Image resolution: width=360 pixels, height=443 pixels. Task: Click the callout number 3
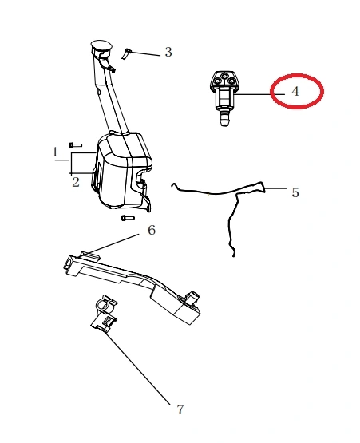(x=168, y=52)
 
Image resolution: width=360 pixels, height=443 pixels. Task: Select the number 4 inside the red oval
(x=295, y=92)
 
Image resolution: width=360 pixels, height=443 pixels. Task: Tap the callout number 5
(x=295, y=192)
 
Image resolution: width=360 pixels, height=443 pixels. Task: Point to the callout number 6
(x=152, y=230)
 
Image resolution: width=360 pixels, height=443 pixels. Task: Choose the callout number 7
(x=180, y=409)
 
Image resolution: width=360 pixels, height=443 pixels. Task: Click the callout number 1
(x=55, y=152)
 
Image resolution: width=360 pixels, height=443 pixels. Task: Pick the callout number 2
(x=76, y=182)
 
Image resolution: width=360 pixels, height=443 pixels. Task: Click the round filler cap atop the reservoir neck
(x=101, y=45)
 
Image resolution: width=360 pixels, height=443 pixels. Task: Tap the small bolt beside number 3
(x=126, y=54)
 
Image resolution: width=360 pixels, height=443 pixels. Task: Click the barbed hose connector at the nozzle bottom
(x=224, y=118)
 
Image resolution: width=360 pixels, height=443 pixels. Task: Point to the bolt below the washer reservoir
(x=128, y=218)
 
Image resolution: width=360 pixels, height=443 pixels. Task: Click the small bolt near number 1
(x=76, y=145)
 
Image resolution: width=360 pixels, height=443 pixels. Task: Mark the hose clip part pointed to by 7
(x=105, y=313)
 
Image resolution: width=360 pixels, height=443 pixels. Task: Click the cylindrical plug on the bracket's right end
(x=192, y=297)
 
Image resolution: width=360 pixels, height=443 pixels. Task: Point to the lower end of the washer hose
(x=234, y=255)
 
